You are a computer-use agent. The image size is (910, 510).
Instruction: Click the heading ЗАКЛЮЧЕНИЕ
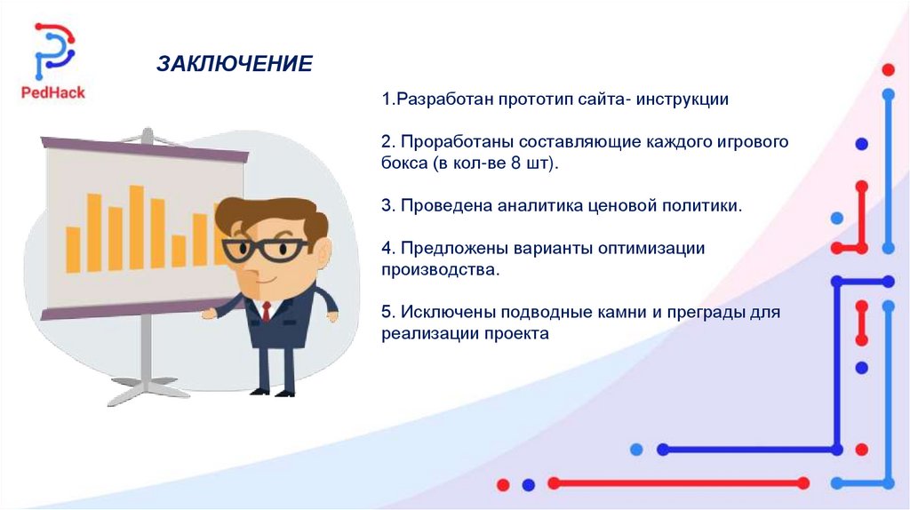pyautogui.click(x=235, y=63)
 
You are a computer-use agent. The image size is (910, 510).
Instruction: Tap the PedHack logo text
pyautogui.click(x=52, y=92)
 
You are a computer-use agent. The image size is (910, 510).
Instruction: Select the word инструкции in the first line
pyautogui.click(x=682, y=100)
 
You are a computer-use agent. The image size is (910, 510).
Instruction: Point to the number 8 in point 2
pyautogui.click(x=515, y=163)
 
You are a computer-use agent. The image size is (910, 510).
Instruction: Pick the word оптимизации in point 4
pyautogui.click(x=651, y=249)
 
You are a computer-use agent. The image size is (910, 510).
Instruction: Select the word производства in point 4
pyautogui.click(x=438, y=270)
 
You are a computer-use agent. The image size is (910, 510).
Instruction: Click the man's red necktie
pyautogui.click(x=266, y=311)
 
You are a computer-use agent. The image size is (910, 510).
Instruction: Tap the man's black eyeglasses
pyautogui.click(x=265, y=250)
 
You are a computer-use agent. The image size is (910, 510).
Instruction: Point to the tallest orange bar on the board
pyautogui.click(x=136, y=227)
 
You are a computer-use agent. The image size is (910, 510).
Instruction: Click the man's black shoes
pyautogui.click(x=273, y=392)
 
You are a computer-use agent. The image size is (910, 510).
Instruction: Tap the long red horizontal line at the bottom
pyautogui.click(x=678, y=482)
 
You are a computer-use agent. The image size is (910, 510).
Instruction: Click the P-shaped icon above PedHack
pyautogui.click(x=54, y=51)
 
